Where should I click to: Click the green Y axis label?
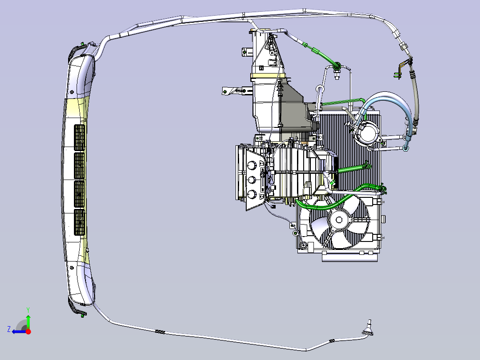pyautogui.click(x=28, y=310)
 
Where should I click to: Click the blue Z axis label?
pyautogui.click(x=9, y=329)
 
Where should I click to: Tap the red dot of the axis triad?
pyautogui.click(x=28, y=331)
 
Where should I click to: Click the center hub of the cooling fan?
pyautogui.click(x=339, y=220)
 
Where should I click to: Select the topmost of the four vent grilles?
pyautogui.click(x=80, y=138)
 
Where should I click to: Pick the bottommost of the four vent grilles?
pyautogui.click(x=80, y=222)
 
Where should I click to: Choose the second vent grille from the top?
pyautogui.click(x=80, y=166)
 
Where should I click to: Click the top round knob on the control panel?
pyautogui.click(x=252, y=166)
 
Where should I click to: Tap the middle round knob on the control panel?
pyautogui.click(x=252, y=180)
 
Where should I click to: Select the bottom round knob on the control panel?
pyautogui.click(x=252, y=194)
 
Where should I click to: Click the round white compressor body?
pyautogui.click(x=367, y=132)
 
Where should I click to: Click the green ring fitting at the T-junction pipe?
pyautogui.click(x=338, y=65)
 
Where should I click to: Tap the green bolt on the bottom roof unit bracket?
pyautogui.click(x=82, y=315)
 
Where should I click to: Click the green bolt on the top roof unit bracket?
pyautogui.click(x=82, y=44)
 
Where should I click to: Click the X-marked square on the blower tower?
pyautogui.click(x=261, y=68)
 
